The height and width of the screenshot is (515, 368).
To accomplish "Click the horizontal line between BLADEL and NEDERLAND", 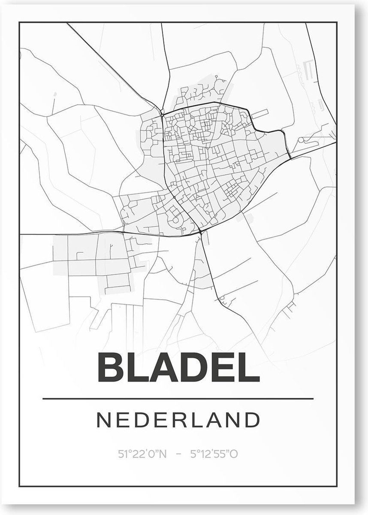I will point(178,399).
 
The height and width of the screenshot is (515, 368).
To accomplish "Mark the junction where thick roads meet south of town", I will point(200,232).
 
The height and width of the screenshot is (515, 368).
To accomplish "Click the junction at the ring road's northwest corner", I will point(162,114).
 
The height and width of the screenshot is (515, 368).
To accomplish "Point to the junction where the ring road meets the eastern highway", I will point(290,158).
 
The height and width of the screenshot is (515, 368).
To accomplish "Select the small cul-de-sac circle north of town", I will point(217,78).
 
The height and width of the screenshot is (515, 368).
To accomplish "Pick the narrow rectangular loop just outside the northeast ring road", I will point(260,114).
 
